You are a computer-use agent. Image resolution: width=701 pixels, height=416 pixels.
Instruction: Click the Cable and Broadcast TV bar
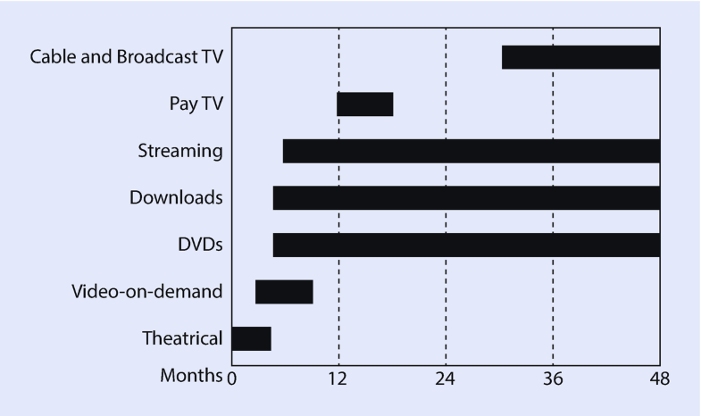coord(580,57)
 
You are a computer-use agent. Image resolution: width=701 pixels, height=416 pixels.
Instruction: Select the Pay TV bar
coord(364,104)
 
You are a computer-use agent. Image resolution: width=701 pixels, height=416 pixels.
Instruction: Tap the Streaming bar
coord(471,151)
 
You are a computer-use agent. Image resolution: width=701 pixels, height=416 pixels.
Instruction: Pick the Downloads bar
coord(466,197)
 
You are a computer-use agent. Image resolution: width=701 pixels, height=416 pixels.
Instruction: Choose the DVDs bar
coord(466,245)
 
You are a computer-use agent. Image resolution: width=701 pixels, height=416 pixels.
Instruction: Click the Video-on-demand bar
coord(284,292)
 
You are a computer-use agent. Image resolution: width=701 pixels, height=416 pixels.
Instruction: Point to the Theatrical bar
coord(251,338)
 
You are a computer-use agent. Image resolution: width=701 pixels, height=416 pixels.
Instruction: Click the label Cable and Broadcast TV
coord(126,57)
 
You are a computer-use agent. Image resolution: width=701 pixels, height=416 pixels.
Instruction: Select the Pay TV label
coord(196,104)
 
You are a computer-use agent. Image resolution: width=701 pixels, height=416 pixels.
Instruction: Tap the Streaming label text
coord(179,151)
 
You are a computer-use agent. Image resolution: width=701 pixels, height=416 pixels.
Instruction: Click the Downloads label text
coord(176,197)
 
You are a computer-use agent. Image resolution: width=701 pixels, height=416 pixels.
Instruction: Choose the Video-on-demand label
coord(146,292)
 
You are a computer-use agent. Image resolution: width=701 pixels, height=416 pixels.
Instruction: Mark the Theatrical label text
coord(182,338)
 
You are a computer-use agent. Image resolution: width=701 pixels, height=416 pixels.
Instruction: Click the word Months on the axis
coord(191,376)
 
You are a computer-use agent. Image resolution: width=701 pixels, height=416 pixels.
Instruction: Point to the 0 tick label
coord(232,378)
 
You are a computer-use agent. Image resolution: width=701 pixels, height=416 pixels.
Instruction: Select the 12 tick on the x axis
coord(338,378)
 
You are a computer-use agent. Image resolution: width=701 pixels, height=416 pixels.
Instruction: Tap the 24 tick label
coord(446,378)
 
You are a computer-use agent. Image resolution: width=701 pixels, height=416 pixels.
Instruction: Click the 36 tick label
coord(553,378)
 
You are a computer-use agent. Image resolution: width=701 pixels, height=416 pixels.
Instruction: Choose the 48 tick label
coord(658,378)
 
